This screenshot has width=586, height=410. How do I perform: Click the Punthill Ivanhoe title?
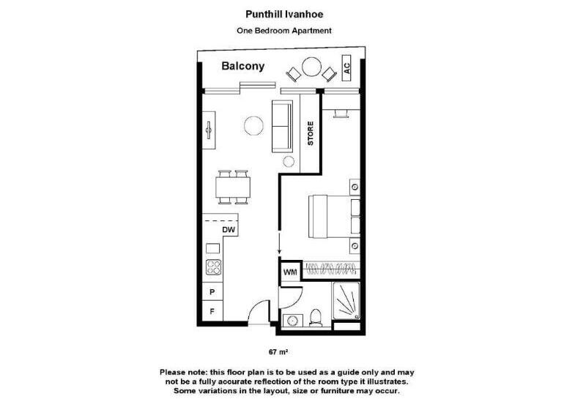pyautogui.click(x=284, y=13)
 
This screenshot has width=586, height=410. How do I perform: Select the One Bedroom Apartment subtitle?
pyautogui.click(x=284, y=31)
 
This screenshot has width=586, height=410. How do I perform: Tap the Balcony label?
pyautogui.click(x=243, y=67)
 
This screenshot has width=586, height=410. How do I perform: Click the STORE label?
pyautogui.click(x=311, y=133)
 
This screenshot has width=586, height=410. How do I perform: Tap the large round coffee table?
pyautogui.click(x=254, y=127)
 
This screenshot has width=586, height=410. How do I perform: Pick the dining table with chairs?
pyautogui.click(x=233, y=187)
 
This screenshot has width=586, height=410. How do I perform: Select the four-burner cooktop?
pyautogui.click(x=213, y=267)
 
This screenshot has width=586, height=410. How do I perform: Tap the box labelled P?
pyautogui.click(x=212, y=291)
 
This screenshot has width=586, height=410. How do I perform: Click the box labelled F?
pyautogui.click(x=212, y=311)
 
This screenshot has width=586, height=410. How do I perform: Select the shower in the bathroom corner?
pyautogui.click(x=347, y=302)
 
